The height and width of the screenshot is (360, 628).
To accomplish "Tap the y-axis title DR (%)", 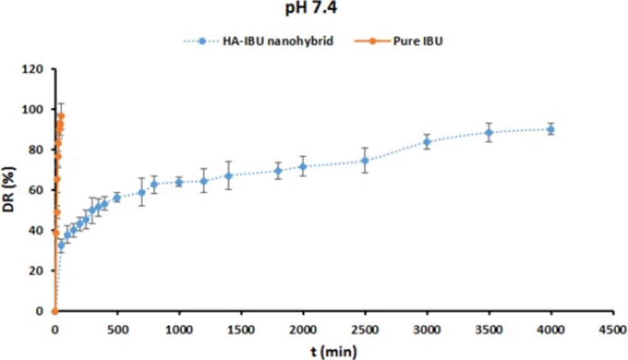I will [11, 190].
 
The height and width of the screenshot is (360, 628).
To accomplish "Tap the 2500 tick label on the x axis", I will [364, 329].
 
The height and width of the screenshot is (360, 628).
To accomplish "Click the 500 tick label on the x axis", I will [117, 329].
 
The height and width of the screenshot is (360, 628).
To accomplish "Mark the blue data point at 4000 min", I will [551, 129].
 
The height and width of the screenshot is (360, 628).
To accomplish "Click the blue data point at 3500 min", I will [489, 133].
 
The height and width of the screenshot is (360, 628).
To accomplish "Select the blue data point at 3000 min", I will [427, 142].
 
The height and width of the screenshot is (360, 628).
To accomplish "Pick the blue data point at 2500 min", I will [365, 160].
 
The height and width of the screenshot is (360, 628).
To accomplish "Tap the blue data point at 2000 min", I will [303, 166].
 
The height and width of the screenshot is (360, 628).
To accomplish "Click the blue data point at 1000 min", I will [179, 182].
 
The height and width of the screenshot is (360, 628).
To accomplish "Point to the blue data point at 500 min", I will [117, 198].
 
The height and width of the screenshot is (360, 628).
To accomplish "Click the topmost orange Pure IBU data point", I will [61, 116].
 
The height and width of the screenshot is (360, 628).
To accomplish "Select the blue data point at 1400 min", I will [229, 176].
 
